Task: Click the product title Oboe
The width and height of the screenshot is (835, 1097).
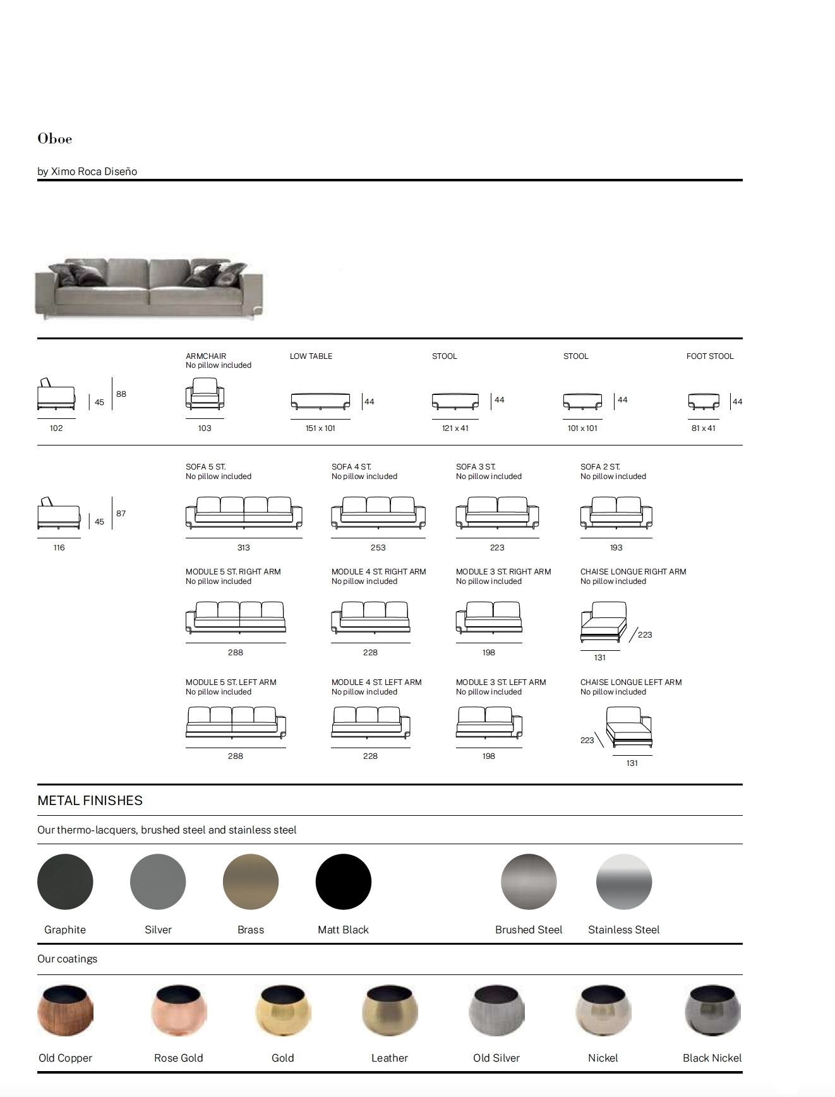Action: pos(55,139)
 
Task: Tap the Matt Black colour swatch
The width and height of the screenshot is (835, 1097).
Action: pos(344,882)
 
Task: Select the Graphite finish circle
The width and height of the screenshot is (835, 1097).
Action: pos(65,882)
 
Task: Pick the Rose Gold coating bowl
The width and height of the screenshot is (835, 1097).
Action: pos(179,1010)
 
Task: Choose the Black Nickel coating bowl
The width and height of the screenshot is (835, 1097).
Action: pos(712,1010)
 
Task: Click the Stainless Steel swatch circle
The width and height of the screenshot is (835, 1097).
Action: pos(624,882)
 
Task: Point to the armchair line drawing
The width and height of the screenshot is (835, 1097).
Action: pos(205,394)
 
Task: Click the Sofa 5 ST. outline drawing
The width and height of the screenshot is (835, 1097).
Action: pos(244,512)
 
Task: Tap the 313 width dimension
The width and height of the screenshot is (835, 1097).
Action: pos(244,548)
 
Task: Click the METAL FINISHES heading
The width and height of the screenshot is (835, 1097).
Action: pos(90,801)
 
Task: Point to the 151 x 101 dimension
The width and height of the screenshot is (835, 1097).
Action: pos(320,428)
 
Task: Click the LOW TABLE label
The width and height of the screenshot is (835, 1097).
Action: pos(311,356)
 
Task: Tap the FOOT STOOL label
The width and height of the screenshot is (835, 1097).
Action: pos(710,356)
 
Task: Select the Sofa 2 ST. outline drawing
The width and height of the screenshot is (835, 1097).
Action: pos(616,512)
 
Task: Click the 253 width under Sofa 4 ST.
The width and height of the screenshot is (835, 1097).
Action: pos(378,548)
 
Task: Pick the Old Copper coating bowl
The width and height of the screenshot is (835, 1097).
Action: pos(65,1010)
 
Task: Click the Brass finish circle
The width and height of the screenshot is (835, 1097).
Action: pos(251,882)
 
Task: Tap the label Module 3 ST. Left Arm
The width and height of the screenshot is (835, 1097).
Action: pos(501,682)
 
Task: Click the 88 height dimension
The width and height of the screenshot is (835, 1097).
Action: pos(121,394)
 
